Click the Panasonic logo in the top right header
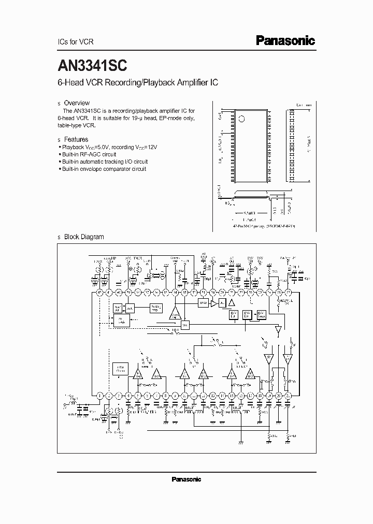click(x=285, y=41)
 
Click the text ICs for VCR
click(x=74, y=41)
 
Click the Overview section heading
click(x=77, y=103)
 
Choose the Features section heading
click(x=76, y=139)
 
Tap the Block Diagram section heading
click(x=83, y=237)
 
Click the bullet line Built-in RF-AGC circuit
click(x=89, y=154)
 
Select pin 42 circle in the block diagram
click(x=98, y=292)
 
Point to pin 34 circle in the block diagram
click(x=175, y=292)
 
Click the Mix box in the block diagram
click(x=185, y=325)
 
